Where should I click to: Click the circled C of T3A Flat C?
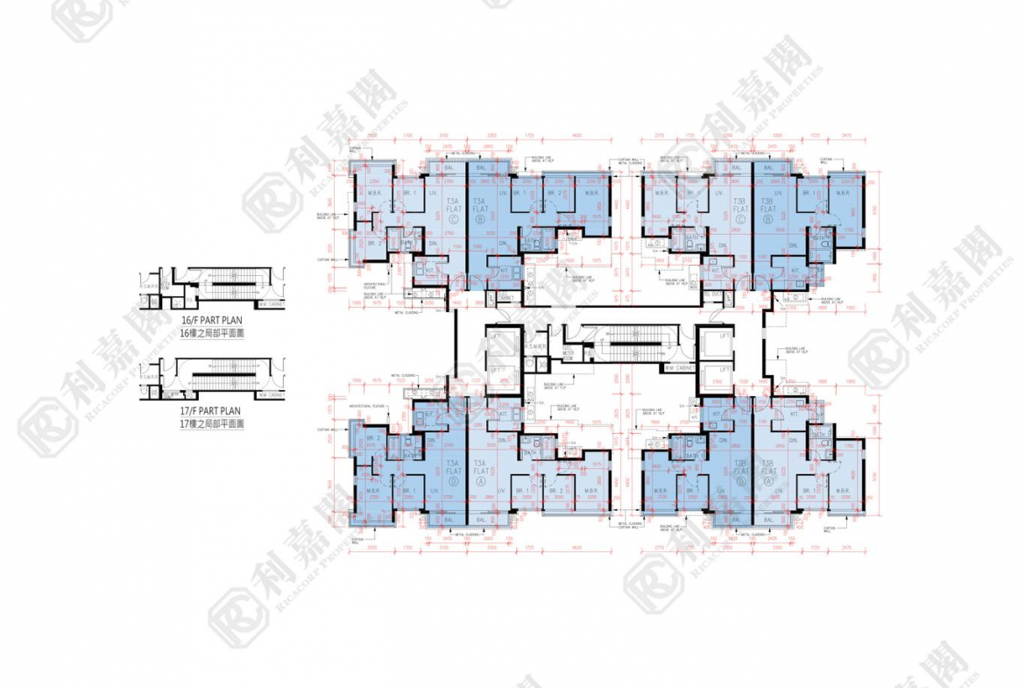click(x=454, y=221)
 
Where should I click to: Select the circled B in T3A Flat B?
click(x=479, y=221)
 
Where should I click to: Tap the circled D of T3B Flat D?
click(x=741, y=481)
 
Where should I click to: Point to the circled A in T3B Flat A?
click(x=768, y=481)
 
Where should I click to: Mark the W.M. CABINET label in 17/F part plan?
click(x=272, y=394)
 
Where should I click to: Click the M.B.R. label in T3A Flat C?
click(x=373, y=193)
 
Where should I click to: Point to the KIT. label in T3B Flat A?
click(x=795, y=413)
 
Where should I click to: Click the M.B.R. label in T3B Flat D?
click(x=661, y=491)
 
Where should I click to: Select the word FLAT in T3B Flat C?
click(x=741, y=209)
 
